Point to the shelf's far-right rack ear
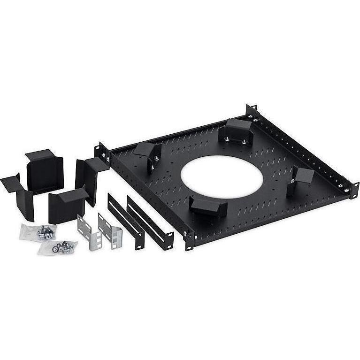(353, 190)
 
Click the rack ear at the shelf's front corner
(189, 239)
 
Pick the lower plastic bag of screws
(57, 247)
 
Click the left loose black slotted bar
(126, 221)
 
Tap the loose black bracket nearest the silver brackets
(67, 205)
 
